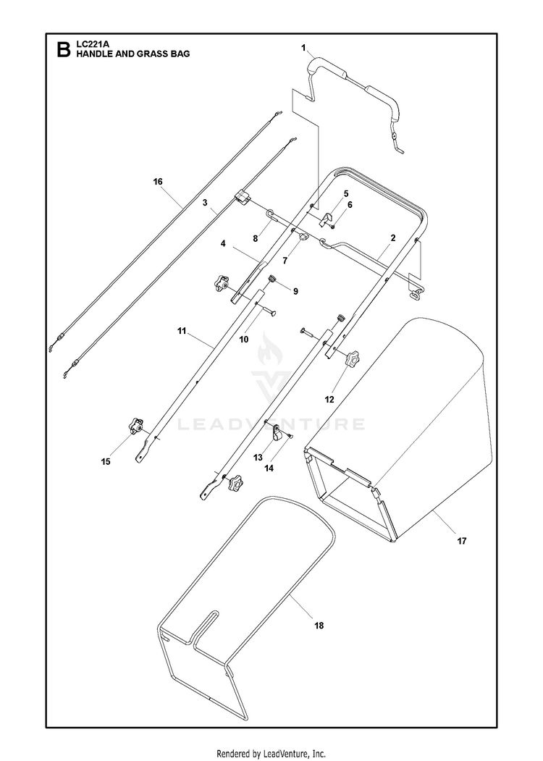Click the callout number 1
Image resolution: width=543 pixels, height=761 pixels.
304,48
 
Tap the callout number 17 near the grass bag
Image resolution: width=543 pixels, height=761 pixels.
461,540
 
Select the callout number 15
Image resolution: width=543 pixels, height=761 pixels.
106,461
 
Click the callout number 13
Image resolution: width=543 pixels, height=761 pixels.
258,458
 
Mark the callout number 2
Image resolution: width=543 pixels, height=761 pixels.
392,237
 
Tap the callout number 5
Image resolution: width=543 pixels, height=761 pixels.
346,193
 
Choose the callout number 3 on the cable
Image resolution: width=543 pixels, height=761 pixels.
206,205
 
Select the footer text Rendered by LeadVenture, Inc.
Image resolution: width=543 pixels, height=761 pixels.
271,753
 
